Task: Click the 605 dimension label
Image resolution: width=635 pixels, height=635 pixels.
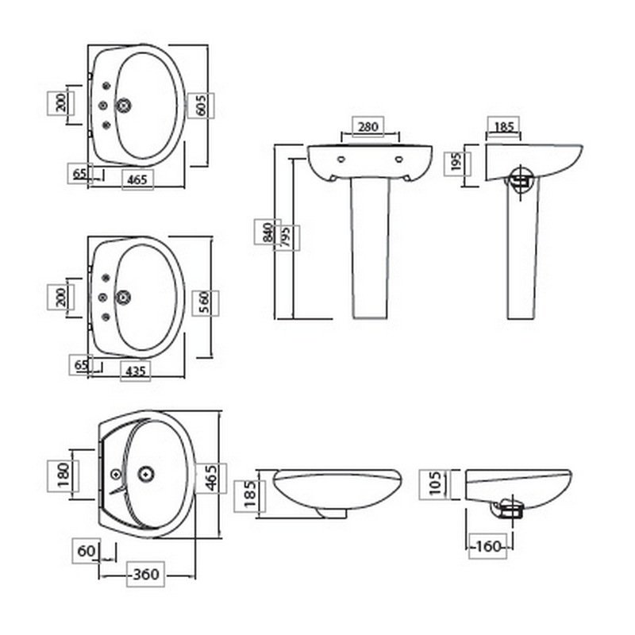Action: click(x=201, y=106)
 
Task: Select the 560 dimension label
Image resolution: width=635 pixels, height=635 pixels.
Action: click(x=206, y=303)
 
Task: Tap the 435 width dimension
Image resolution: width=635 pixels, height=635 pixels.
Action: click(x=136, y=371)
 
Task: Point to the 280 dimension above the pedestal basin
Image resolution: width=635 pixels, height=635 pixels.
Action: click(x=368, y=127)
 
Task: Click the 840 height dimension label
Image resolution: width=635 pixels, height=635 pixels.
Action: click(x=267, y=232)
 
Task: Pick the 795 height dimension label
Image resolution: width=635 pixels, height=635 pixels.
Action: click(x=286, y=237)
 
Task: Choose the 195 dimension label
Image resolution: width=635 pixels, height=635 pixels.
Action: click(x=456, y=163)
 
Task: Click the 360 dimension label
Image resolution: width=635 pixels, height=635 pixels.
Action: click(x=146, y=574)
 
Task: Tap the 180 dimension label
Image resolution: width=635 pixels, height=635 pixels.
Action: click(x=63, y=475)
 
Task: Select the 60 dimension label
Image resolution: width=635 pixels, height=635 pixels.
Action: click(x=86, y=551)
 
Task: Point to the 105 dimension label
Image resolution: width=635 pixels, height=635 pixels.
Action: click(x=435, y=483)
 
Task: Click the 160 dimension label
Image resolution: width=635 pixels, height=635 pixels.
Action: click(x=488, y=547)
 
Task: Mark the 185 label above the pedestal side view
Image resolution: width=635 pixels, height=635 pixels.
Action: click(x=504, y=127)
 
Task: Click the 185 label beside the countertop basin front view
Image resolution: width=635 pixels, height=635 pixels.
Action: click(x=249, y=494)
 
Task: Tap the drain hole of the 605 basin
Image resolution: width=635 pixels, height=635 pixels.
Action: click(x=123, y=106)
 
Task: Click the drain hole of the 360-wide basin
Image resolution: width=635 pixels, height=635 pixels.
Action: click(x=146, y=473)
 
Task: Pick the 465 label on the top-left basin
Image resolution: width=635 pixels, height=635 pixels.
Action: click(x=137, y=179)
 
